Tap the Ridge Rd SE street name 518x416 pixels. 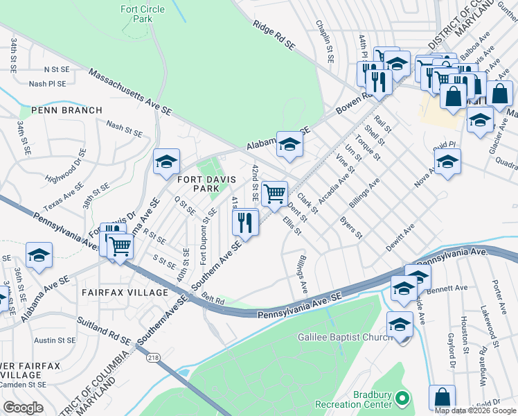(274, 35)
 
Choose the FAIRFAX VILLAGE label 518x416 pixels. (125, 293)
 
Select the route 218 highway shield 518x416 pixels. (153, 358)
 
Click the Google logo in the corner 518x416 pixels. (23, 407)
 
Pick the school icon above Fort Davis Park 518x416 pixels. (166, 162)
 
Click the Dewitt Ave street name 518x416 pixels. (400, 236)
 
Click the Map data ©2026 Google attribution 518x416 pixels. (475, 410)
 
